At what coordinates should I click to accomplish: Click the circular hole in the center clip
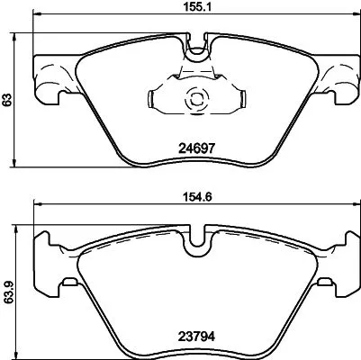[194, 102]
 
